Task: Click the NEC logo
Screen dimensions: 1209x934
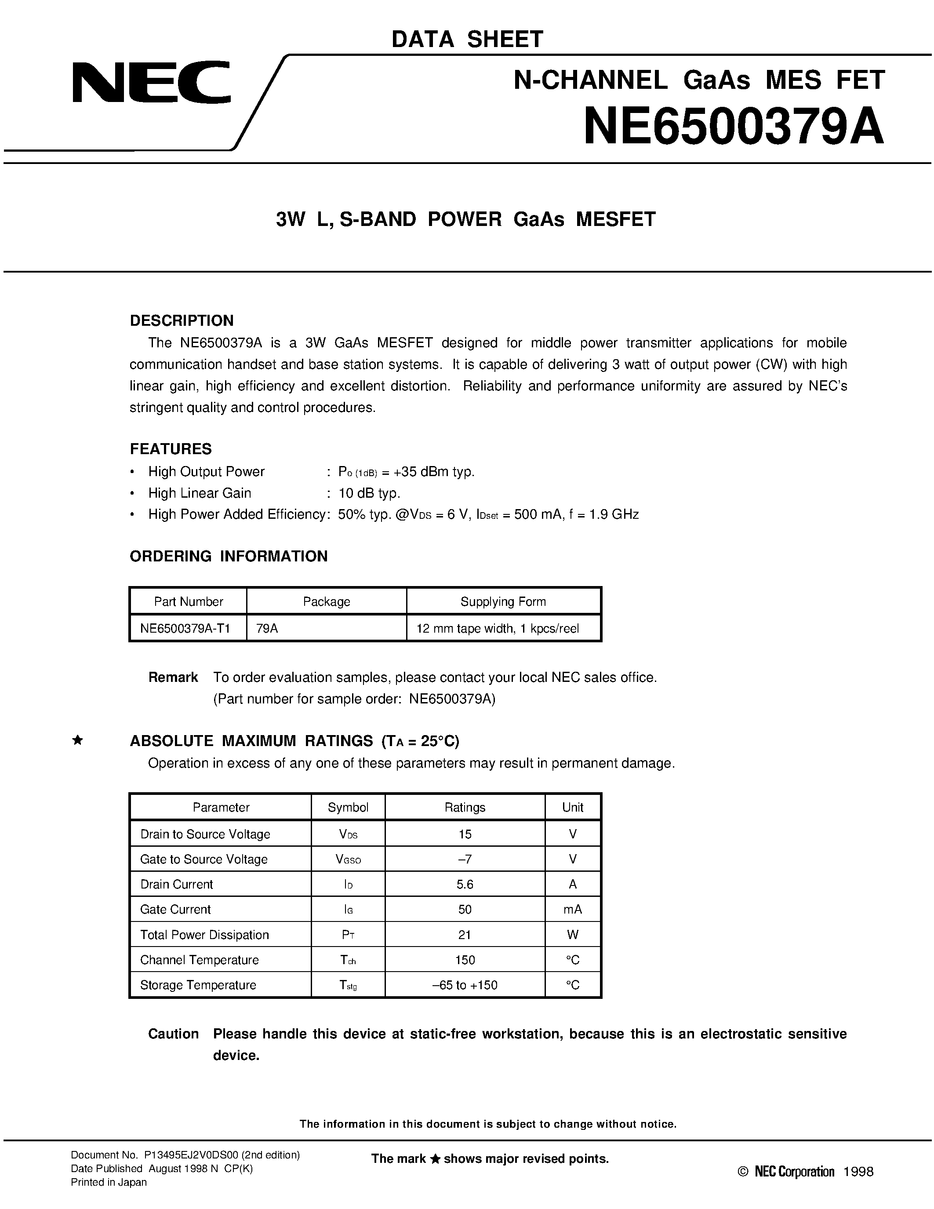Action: point(151,82)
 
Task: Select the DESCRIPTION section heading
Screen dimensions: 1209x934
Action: point(182,320)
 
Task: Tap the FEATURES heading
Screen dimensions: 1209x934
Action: point(171,448)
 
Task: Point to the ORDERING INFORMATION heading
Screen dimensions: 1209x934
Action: point(229,556)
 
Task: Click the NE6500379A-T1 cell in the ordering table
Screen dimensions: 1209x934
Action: point(185,628)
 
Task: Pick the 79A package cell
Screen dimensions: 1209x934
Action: point(267,628)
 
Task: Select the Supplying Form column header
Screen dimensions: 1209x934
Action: point(503,602)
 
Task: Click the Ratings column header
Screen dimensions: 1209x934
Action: point(465,807)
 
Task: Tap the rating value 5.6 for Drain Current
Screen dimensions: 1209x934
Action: point(465,884)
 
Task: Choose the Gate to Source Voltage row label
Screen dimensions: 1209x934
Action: point(204,859)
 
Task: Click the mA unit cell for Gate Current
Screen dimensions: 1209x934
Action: point(573,909)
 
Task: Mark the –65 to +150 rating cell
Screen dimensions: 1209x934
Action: point(465,985)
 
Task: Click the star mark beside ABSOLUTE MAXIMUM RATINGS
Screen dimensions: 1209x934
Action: point(78,740)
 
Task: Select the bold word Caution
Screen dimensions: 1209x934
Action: point(173,1034)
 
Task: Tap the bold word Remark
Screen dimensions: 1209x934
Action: point(173,677)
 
